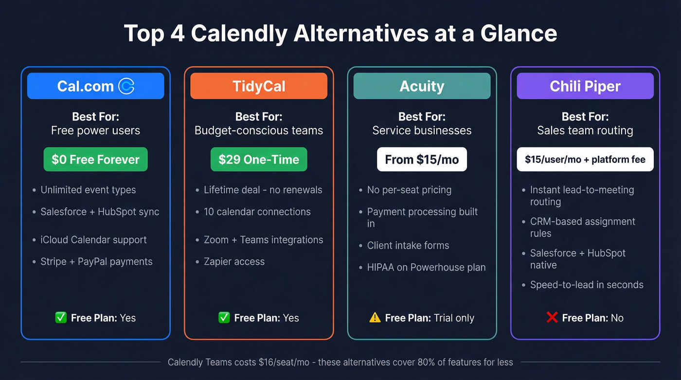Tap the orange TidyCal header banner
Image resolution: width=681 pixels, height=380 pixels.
click(x=259, y=86)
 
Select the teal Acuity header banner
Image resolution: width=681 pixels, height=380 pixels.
click(x=422, y=86)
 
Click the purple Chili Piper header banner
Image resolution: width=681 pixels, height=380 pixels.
click(x=585, y=86)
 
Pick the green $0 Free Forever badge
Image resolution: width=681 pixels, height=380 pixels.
click(x=95, y=160)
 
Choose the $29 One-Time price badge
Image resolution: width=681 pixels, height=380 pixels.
click(x=259, y=160)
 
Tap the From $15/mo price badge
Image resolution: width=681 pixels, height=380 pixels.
click(x=422, y=160)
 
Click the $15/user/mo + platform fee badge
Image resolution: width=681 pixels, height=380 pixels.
click(x=585, y=160)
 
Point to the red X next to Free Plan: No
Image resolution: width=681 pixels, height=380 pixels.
click(x=552, y=318)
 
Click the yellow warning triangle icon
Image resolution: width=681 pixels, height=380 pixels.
click(x=375, y=318)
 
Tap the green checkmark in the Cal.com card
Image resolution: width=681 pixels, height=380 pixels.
click(x=61, y=318)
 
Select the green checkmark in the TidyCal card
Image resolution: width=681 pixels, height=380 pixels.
click(x=224, y=318)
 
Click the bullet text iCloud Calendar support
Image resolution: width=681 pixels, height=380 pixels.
click(x=93, y=240)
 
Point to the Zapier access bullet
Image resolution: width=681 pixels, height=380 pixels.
click(x=234, y=262)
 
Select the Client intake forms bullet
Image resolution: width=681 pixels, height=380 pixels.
click(x=408, y=246)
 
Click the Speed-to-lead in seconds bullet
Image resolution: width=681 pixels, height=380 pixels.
click(x=587, y=285)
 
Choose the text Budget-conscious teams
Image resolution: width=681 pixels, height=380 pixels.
click(x=259, y=130)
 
